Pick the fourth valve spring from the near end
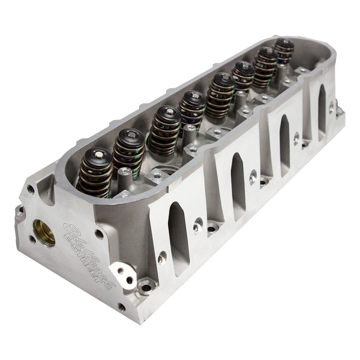(192, 107)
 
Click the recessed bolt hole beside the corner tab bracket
(146, 288)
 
